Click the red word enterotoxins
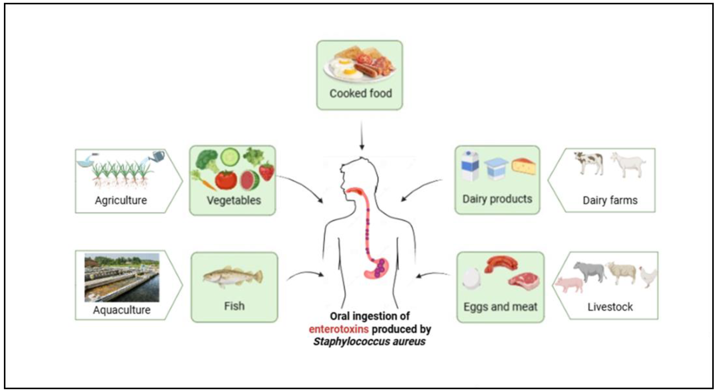339,329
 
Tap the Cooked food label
361,93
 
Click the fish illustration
233,277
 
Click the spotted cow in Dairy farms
589,163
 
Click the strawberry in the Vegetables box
267,171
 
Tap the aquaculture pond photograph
122,277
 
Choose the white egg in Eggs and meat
471,278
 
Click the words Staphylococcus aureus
369,342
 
